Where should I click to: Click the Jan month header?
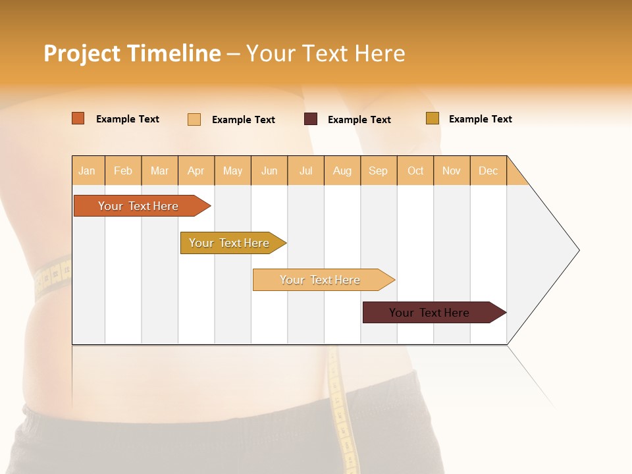pos(88,171)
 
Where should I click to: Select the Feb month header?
pos(123,171)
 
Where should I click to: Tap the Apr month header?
pos(196,171)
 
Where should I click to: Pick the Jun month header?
pos(269,171)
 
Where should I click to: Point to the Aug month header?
pos(342,171)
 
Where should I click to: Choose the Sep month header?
pos(379,171)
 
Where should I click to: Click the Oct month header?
pos(415,171)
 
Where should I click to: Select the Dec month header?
pos(488,171)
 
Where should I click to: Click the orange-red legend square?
pos(78,118)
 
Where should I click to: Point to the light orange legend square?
pos(194,119)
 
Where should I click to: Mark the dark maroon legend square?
pos(311,119)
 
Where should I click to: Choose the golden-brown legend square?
pos(432,118)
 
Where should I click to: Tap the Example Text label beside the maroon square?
pos(359,120)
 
